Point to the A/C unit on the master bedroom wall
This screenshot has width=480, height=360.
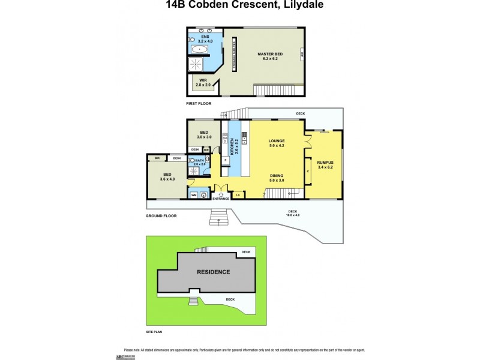pos(301,56)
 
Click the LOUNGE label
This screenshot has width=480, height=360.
pos(276,143)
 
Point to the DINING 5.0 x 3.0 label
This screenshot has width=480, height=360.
pos(276,178)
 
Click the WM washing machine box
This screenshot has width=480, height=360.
pos(194,195)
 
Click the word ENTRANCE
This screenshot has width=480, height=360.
pos(221,199)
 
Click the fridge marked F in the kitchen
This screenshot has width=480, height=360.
pos(226,161)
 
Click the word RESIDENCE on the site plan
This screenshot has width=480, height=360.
pos(214,272)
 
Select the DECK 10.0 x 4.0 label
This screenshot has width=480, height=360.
pos(293,213)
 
